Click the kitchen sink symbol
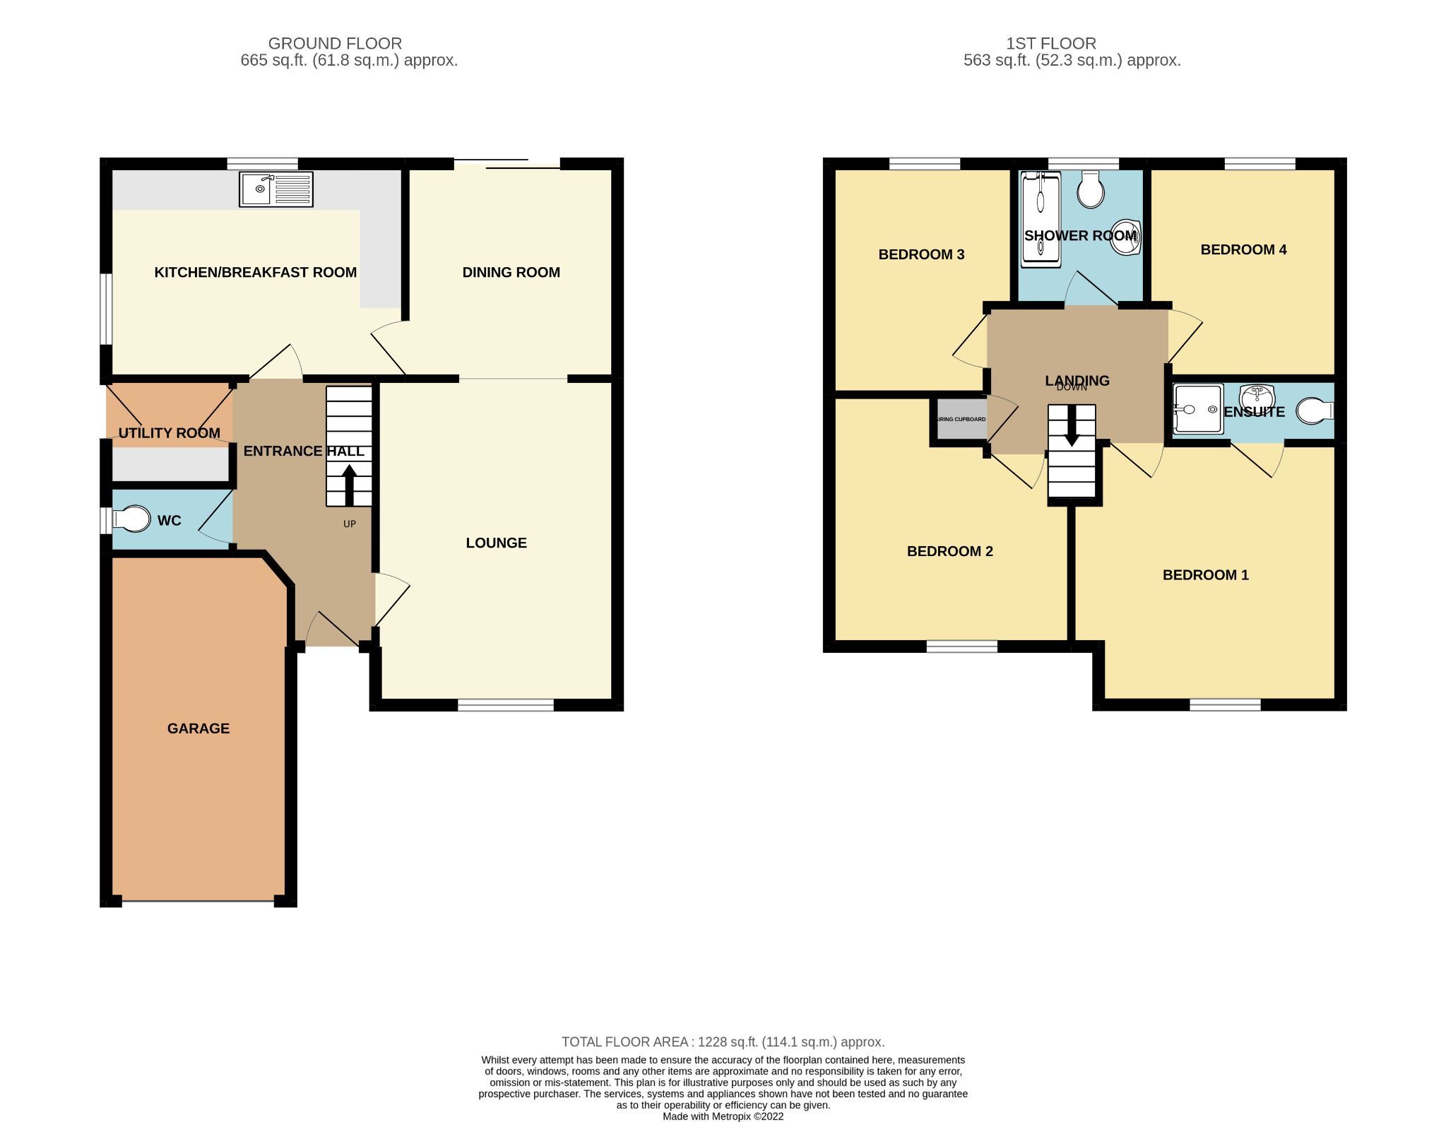pos(275,189)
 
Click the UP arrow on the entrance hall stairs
pos(349,483)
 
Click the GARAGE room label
pos(198,728)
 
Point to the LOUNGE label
pos(496,543)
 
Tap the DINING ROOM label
pos(511,272)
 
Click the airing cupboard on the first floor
pos(959,420)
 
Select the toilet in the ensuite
pos(1314,411)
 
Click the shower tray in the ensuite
pos(1197,409)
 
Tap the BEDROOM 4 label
pos(1243,249)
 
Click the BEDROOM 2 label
pos(949,551)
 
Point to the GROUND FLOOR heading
pos(335,43)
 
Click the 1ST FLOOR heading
pos(1050,43)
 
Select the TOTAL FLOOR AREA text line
pos(723,1041)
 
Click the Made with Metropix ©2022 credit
pos(723,1116)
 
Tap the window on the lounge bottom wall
pos(506,704)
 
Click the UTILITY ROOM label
pos(169,433)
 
